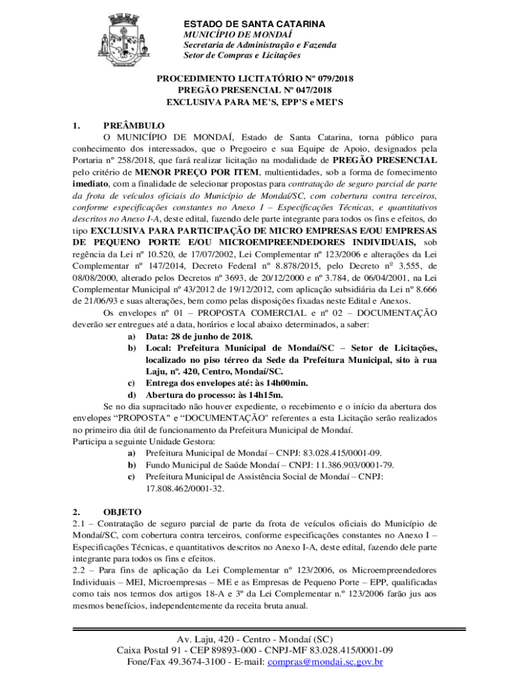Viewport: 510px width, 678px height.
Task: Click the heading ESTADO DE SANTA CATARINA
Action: point(254,24)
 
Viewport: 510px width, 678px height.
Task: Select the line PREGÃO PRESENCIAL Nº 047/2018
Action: point(255,91)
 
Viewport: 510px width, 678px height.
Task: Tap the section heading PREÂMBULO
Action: point(134,126)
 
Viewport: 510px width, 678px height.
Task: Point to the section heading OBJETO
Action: point(123,512)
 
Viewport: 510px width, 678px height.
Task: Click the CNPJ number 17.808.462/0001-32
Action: point(185,489)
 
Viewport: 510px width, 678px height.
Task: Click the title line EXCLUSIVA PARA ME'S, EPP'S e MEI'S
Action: point(255,103)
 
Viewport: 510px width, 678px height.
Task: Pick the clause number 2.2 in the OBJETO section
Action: point(79,571)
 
